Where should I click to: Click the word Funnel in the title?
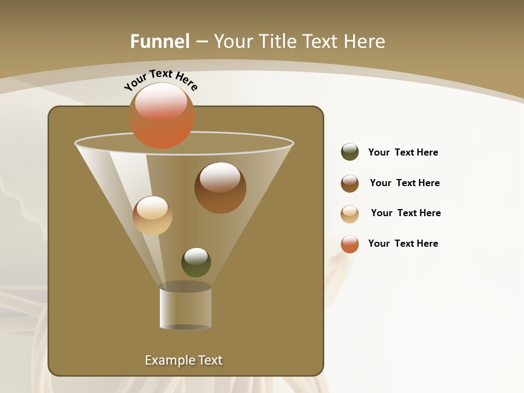click(160, 41)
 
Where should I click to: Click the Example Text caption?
click(184, 360)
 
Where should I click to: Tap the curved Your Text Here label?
click(160, 80)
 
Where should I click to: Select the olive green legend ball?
click(350, 152)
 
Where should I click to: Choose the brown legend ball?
click(350, 183)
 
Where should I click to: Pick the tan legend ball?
click(350, 214)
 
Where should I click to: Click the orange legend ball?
click(350, 244)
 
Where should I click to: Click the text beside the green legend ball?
click(403, 152)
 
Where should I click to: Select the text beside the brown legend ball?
click(404, 183)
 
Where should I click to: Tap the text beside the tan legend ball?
click(406, 213)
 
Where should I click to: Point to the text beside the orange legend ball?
click(403, 243)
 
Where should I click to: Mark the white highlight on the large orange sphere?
click(161, 101)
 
